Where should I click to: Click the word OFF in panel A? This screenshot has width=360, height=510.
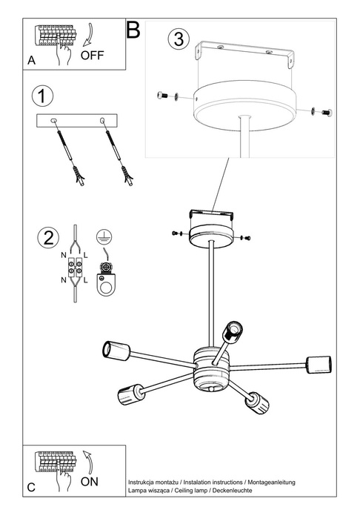93,55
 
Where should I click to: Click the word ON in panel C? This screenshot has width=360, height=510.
89,480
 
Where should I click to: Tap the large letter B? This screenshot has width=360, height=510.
133,30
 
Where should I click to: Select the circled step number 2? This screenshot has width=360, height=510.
47,238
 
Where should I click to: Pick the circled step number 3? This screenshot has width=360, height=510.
176,39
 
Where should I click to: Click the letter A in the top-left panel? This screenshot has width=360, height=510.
31,62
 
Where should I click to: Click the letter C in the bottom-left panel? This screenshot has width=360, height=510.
31,488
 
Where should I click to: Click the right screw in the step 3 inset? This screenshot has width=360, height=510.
323,110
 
